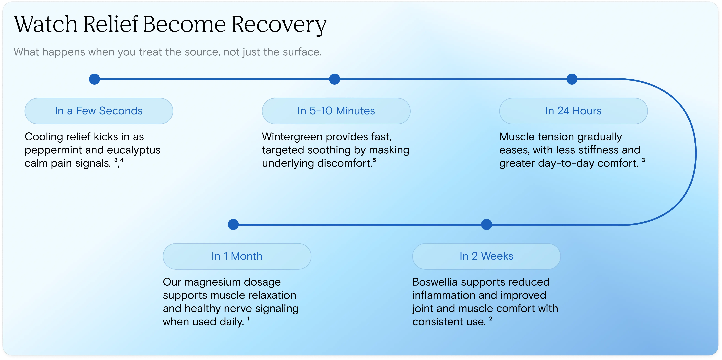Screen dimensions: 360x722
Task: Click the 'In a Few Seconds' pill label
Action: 99,111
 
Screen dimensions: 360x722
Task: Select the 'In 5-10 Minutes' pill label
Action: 336,111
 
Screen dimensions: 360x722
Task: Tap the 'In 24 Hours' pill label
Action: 573,111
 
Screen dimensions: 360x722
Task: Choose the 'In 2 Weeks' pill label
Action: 486,256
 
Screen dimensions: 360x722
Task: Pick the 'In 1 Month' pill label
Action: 237,256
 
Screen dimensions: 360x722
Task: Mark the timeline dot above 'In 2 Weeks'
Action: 486,224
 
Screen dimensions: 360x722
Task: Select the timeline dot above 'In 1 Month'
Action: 233,224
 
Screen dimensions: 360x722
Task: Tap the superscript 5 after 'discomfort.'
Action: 374,160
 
